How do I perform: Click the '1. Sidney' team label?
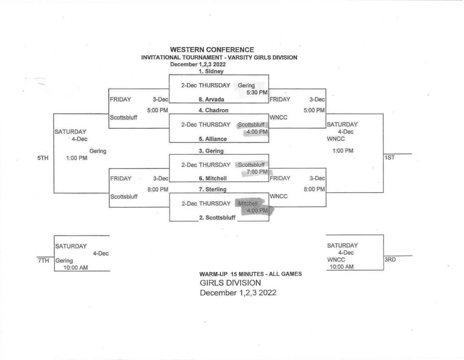point(211,71)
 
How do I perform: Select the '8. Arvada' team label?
point(211,99)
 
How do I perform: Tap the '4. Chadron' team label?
point(213,111)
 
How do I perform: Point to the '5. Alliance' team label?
point(213,139)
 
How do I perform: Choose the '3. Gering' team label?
point(211,151)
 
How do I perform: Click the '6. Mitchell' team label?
point(213,179)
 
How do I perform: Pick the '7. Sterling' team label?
point(213,190)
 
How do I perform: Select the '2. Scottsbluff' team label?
point(217,218)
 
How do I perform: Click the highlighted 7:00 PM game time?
point(257,172)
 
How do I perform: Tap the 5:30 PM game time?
point(257,92)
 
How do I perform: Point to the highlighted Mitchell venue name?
point(248,204)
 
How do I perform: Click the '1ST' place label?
point(389,158)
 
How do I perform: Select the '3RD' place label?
point(390,260)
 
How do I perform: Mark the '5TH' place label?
point(43,158)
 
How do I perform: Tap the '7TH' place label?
point(43,261)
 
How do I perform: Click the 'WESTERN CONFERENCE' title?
point(212,50)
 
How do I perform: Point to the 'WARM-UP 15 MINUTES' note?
point(232,274)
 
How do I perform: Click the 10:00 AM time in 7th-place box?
point(76,268)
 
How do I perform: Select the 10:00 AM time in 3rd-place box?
point(342,267)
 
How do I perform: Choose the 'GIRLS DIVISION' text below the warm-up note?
point(230,283)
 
